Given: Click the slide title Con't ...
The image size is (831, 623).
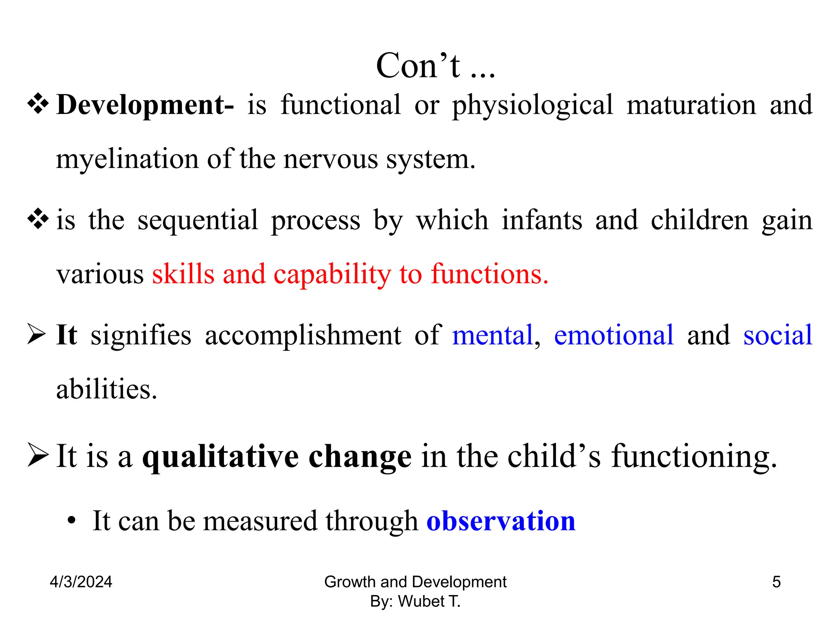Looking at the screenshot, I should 435,66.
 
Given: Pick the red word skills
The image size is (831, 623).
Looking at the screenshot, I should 183,274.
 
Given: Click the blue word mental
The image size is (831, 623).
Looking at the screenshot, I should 492,335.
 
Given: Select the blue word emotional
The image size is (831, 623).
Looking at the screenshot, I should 614,335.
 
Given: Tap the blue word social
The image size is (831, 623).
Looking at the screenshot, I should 777,335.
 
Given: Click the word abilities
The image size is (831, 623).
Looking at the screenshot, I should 106,389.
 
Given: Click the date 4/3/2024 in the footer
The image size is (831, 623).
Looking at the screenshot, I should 81,582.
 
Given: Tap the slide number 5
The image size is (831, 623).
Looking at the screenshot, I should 776,582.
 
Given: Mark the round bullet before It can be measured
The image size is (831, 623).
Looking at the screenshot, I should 72,520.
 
